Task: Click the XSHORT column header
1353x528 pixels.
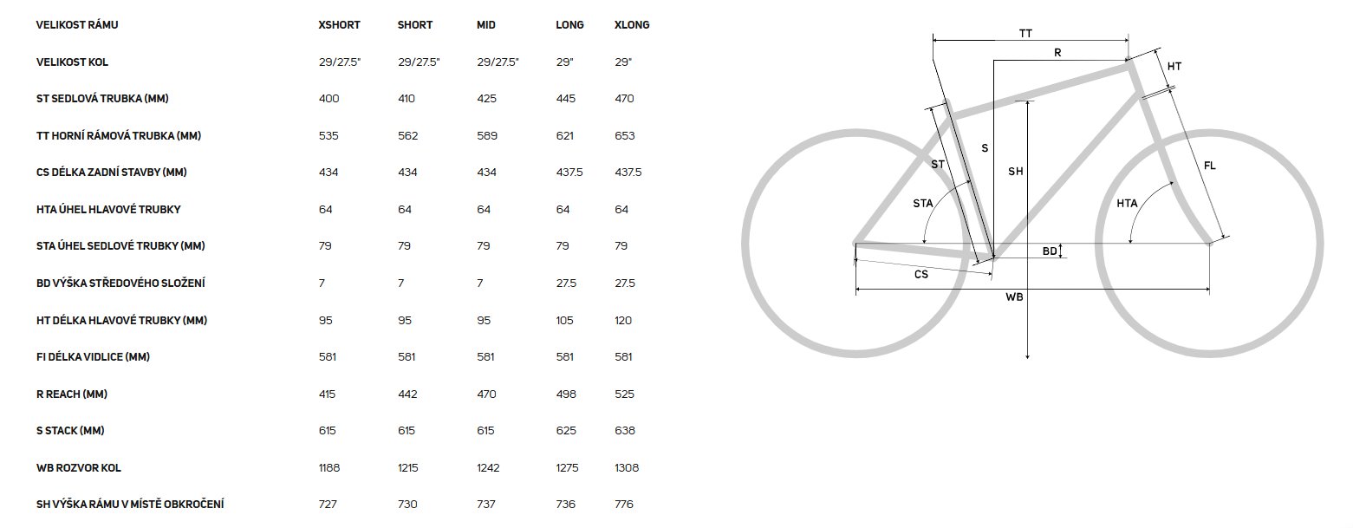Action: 340,25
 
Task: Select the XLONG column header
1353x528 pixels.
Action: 632,25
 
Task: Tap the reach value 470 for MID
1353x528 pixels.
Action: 486,394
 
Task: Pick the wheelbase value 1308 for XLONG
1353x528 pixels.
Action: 627,467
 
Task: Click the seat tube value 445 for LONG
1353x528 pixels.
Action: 565,99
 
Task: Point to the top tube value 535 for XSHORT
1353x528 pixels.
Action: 328,135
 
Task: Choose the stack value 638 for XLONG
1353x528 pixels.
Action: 625,431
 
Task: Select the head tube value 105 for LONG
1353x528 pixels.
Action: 564,320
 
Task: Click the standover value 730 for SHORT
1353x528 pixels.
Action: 407,504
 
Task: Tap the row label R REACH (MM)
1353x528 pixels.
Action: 72,394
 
